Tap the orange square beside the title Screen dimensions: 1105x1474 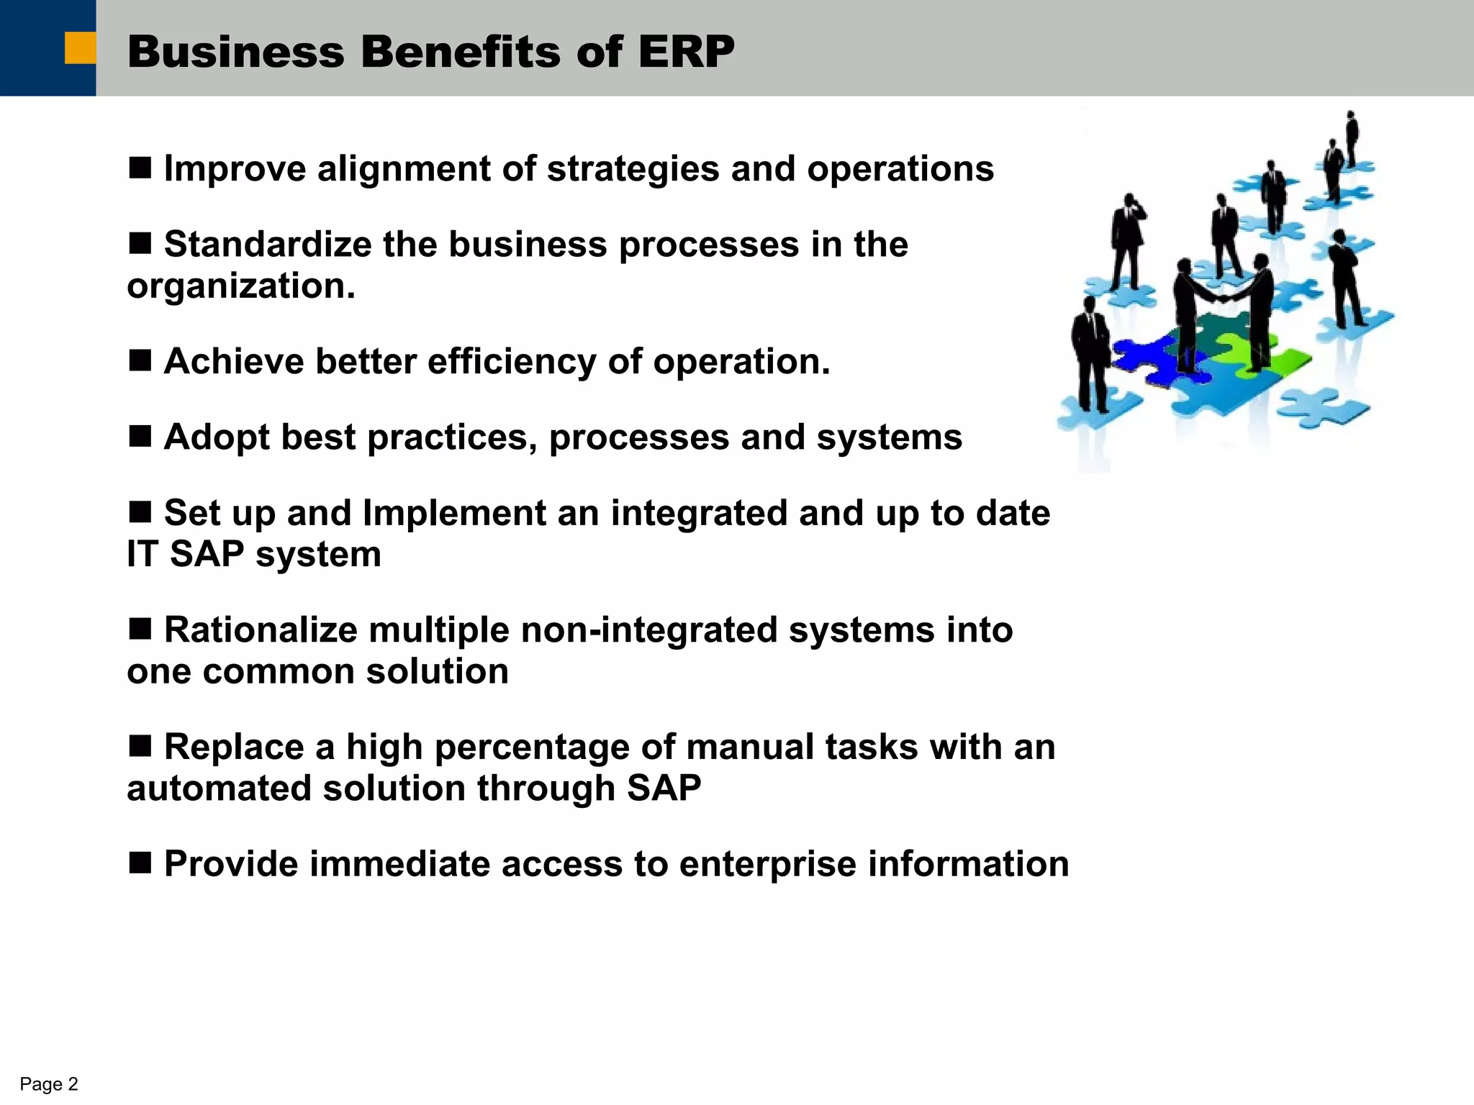tap(80, 48)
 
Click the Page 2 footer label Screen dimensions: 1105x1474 tap(48, 1084)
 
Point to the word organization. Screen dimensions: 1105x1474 tap(240, 286)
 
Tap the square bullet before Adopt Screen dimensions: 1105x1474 tap(140, 436)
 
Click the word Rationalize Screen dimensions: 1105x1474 tap(260, 630)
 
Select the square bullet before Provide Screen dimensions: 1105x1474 tap(140, 863)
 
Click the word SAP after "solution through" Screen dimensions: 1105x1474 tap(664, 788)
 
